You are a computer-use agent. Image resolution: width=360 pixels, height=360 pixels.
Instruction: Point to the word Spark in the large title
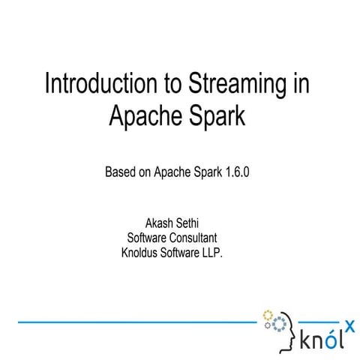pos(214,115)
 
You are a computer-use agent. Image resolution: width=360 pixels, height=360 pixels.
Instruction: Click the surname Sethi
pos(196,224)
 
